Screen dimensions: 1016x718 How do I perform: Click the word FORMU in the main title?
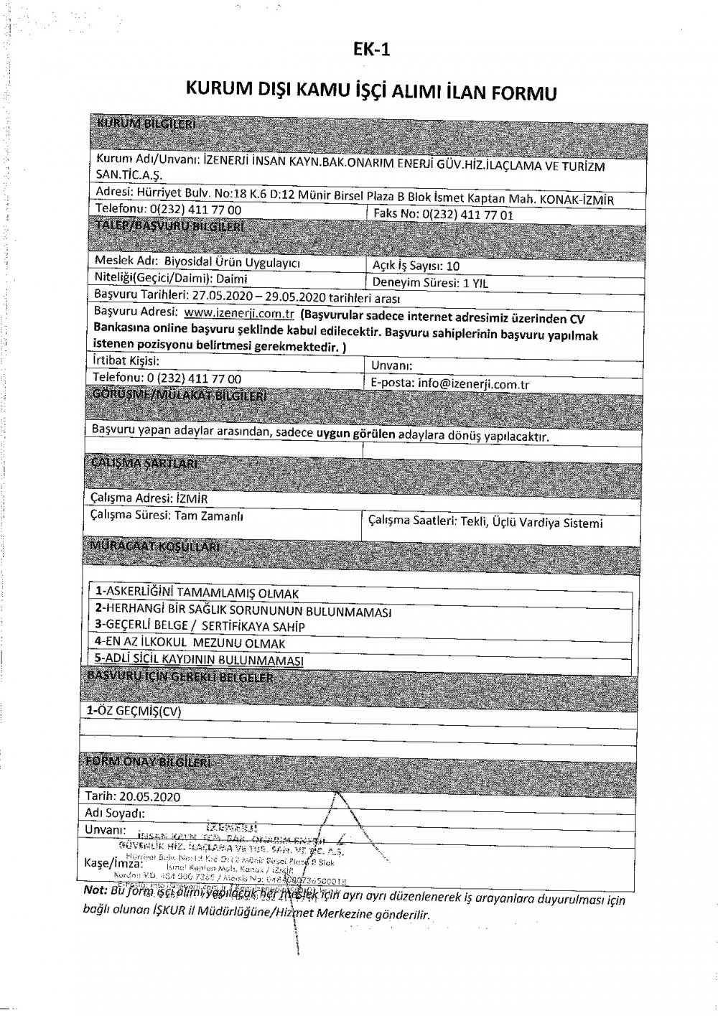click(x=522, y=93)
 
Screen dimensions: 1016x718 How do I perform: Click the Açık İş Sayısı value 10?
click(x=452, y=265)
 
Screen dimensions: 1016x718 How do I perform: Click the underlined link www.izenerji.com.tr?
click(x=240, y=314)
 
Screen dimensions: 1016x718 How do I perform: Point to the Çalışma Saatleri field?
click(x=485, y=523)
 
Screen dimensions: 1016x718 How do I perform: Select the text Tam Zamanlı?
click(x=209, y=516)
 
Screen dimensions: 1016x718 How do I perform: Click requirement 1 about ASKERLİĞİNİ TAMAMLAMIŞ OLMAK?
click(x=197, y=593)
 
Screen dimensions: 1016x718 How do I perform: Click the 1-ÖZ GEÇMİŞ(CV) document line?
click(x=134, y=711)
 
